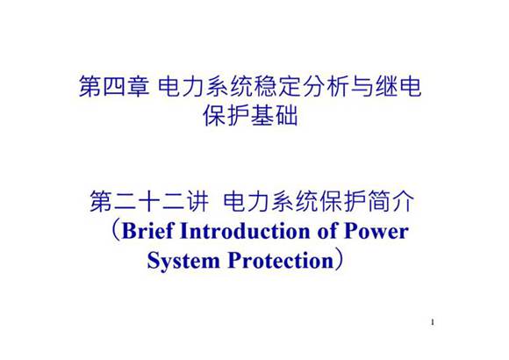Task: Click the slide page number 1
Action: [434, 323]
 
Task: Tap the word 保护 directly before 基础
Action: [223, 116]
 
